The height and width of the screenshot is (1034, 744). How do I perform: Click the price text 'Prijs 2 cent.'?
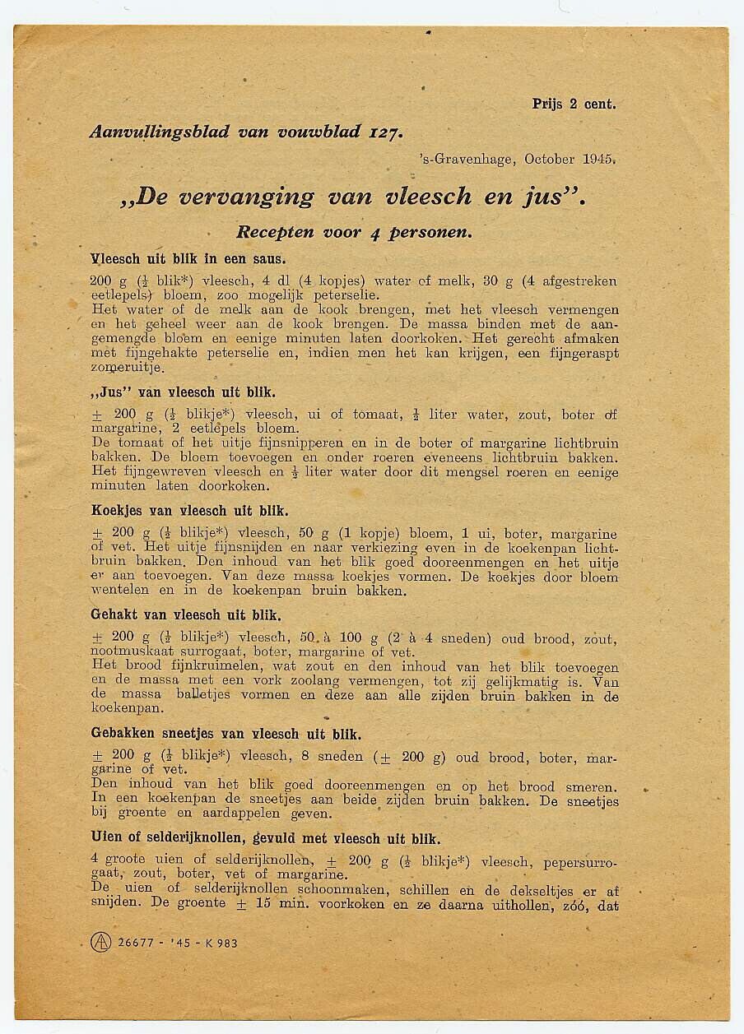(x=574, y=104)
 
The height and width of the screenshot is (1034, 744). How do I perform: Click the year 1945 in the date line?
(x=599, y=159)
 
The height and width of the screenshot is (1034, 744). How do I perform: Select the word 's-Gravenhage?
(x=467, y=159)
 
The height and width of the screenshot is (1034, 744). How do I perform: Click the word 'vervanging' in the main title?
(x=246, y=197)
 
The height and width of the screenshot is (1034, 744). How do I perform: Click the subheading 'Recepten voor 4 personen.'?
(x=355, y=233)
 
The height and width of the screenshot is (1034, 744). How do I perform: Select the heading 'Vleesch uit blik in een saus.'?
(x=188, y=258)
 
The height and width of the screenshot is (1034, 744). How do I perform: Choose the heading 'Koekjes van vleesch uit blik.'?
(x=189, y=510)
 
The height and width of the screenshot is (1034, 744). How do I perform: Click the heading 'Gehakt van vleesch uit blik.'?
(x=186, y=614)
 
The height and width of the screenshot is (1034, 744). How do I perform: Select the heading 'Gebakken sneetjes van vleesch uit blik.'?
(x=226, y=734)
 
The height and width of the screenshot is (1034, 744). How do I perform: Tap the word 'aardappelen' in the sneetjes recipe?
(x=246, y=814)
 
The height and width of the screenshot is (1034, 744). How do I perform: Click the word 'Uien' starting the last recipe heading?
(x=106, y=839)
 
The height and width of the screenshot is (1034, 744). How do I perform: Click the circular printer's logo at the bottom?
(x=100, y=943)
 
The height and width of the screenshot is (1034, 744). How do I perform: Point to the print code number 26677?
(x=136, y=943)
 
